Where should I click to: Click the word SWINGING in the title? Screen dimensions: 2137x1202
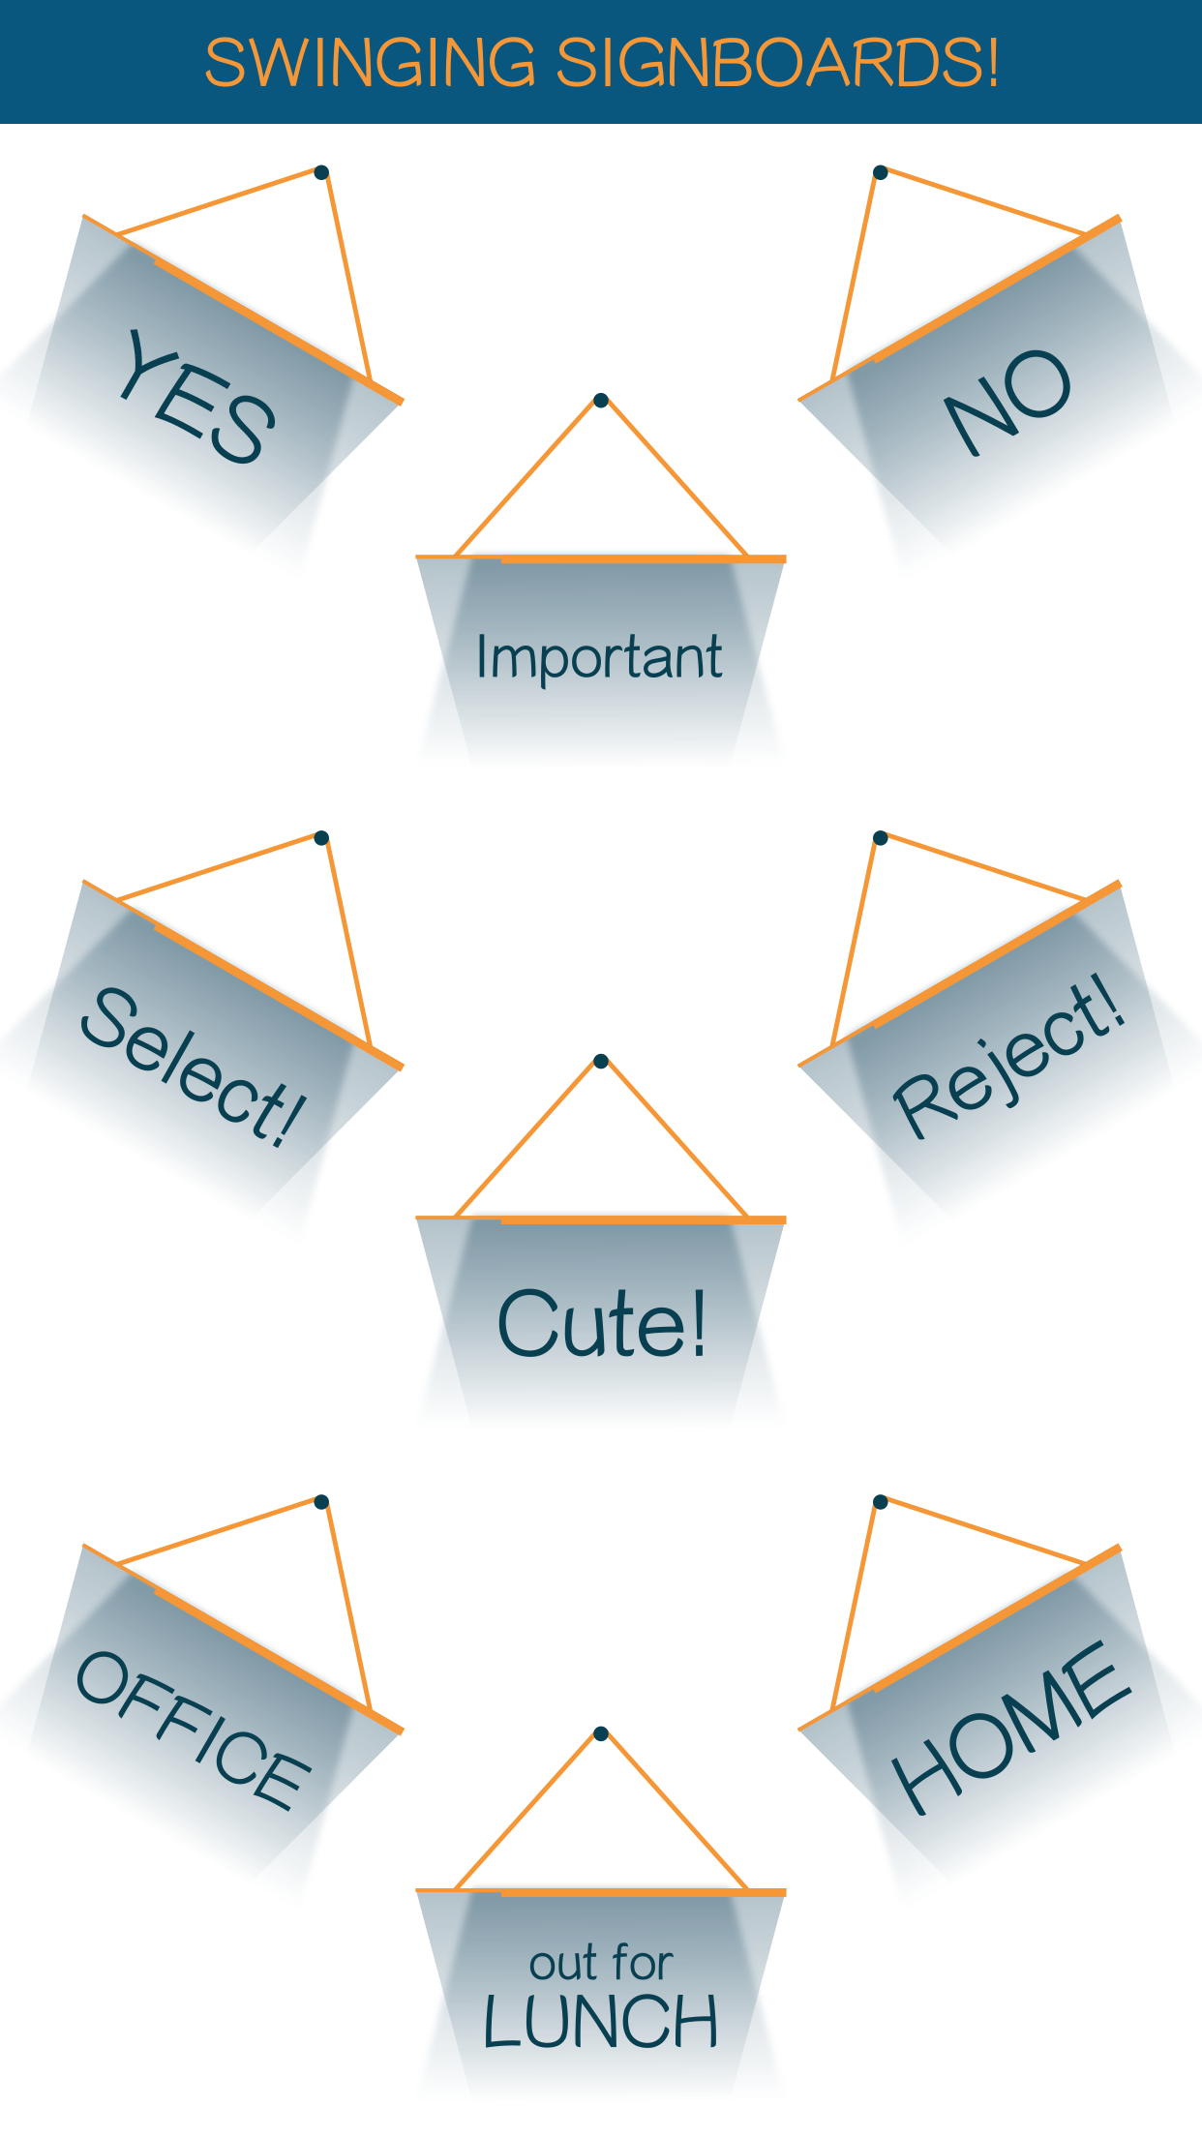pos(370,64)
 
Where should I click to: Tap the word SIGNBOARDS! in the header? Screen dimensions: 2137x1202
pos(777,64)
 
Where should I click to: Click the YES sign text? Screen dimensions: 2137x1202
pos(196,397)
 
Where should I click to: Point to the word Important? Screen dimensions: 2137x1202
pos(599,657)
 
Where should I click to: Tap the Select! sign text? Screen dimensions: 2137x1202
pos(194,1068)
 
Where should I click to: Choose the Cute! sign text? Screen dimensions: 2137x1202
pos(601,1323)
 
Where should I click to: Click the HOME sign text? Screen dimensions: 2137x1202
pos(1010,1729)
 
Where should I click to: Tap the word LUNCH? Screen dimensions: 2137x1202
pos(601,2022)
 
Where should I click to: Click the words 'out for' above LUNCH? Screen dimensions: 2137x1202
pos(601,1964)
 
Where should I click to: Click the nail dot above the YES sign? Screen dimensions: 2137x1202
pos(322,172)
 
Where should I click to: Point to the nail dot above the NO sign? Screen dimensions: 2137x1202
pos(880,172)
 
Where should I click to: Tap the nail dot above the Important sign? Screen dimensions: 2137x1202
pos(601,400)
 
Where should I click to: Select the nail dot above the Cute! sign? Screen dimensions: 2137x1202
pos(601,1061)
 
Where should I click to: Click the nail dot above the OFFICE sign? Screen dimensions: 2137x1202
pos(322,1502)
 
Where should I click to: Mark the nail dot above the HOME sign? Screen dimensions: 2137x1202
pos(880,1502)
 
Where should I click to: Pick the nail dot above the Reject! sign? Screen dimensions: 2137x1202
pos(880,837)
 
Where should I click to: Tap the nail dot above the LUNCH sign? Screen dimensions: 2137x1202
pos(601,1732)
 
